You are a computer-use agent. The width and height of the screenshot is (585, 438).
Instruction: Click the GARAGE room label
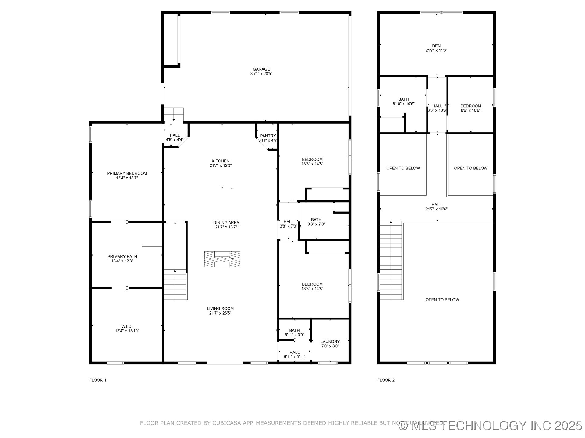coord(261,69)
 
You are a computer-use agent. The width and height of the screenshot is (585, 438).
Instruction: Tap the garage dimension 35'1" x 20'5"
coord(261,74)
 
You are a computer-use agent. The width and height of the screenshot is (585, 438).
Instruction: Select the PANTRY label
coord(268,136)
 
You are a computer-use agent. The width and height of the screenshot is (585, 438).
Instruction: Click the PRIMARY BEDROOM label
coord(127,173)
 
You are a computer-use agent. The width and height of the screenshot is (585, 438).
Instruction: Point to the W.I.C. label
coord(127,326)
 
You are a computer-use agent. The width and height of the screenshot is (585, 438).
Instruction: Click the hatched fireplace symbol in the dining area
coord(222,259)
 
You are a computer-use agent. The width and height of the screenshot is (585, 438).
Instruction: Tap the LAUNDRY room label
coord(330,342)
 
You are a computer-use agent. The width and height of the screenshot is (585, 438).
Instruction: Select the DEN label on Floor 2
coord(436,46)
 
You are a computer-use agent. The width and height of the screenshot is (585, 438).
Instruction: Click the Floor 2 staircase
coord(391,261)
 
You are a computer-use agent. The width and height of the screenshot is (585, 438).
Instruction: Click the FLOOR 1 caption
coord(98,380)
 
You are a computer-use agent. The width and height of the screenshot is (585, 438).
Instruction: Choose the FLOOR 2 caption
coord(386,380)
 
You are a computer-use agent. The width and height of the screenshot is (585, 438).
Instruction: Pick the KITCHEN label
coord(221,161)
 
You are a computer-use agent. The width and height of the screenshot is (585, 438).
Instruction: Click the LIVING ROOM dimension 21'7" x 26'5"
coord(220,313)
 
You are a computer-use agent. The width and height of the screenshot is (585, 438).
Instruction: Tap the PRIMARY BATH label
coord(122,256)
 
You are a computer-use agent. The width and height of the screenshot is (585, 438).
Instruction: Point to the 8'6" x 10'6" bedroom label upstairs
coord(470,110)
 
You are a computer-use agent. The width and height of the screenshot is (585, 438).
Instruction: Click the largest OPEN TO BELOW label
coord(442,300)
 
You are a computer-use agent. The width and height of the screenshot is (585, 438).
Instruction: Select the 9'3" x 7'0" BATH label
coord(316,220)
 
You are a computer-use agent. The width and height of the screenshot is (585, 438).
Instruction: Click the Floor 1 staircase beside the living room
coord(175,285)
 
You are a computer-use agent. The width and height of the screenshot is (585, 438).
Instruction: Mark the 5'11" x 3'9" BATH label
coord(294,330)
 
